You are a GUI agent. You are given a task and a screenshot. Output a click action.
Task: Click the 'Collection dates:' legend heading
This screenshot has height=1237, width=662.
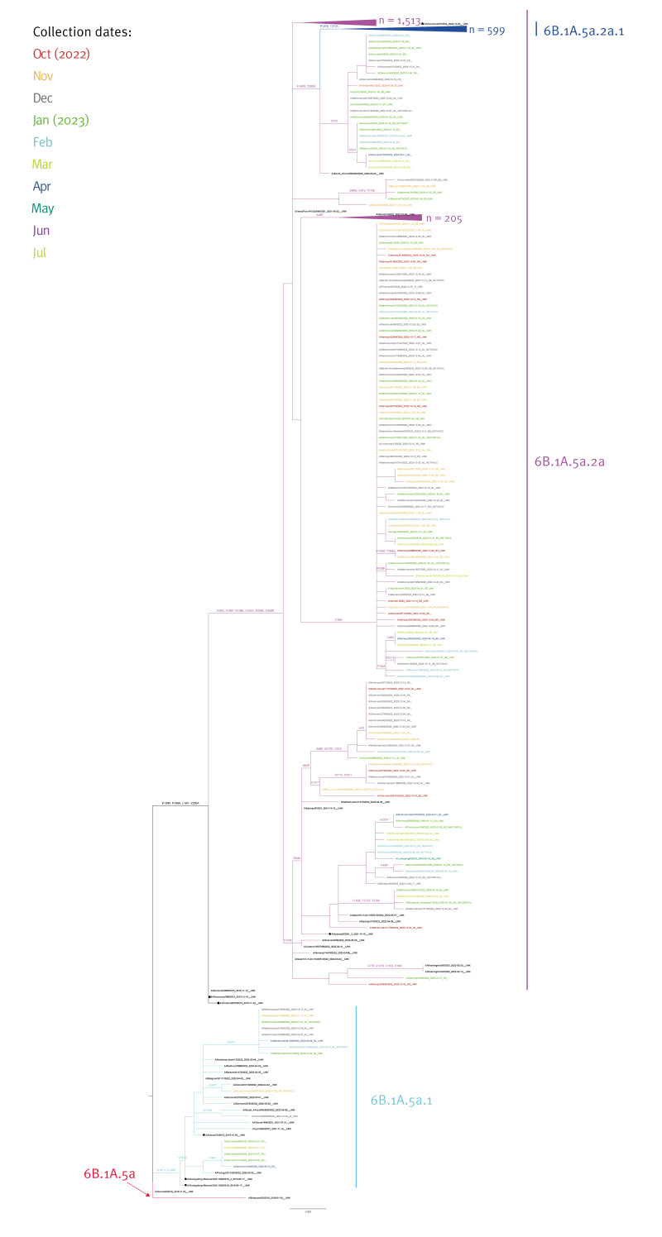83,33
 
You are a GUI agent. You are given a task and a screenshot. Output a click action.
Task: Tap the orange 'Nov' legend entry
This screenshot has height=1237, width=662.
43,76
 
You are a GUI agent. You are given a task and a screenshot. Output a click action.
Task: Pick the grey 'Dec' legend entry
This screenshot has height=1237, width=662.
43,98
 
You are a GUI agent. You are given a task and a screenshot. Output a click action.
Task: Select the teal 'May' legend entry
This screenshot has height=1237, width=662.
44,207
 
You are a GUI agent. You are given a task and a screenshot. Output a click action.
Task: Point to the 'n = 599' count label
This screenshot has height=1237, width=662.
493,30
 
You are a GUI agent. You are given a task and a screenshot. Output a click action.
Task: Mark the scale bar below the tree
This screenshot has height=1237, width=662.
308,1208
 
